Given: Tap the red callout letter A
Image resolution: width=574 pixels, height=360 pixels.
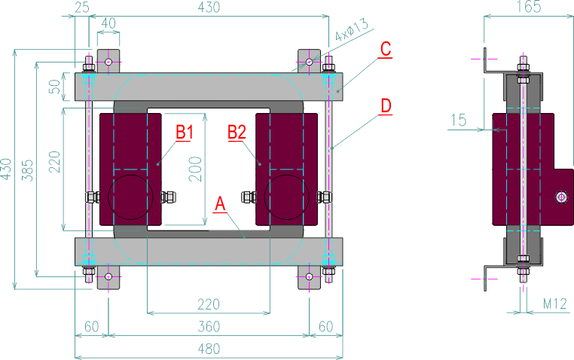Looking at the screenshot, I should (x=220, y=203).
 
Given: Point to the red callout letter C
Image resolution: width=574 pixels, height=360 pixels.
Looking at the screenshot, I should (x=385, y=50).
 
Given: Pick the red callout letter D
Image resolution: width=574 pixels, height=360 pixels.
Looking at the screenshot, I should (x=385, y=106).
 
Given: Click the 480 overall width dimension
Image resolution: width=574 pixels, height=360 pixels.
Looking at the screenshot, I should (x=209, y=349).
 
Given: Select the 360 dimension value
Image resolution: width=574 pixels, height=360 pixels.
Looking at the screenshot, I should (x=209, y=327).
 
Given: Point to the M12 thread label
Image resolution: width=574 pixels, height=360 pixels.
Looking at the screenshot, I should (x=556, y=305).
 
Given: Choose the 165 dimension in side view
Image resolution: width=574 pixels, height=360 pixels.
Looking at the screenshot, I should (x=530, y=8).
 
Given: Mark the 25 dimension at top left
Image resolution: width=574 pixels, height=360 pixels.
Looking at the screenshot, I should (x=81, y=8).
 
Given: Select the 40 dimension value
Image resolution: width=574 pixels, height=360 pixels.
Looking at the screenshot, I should (x=108, y=23).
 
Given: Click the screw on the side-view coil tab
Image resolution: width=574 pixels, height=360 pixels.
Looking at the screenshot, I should (x=560, y=197).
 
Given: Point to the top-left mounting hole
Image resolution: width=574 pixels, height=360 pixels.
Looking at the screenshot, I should (x=109, y=61).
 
